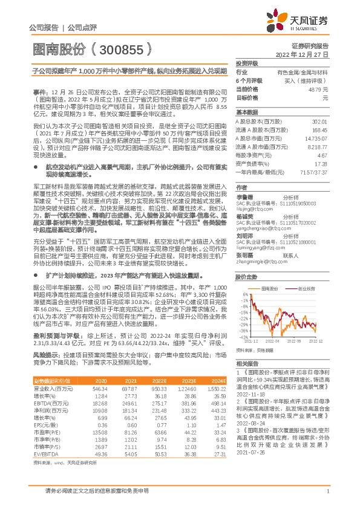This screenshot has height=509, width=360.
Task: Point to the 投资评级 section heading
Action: coord(247,63)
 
